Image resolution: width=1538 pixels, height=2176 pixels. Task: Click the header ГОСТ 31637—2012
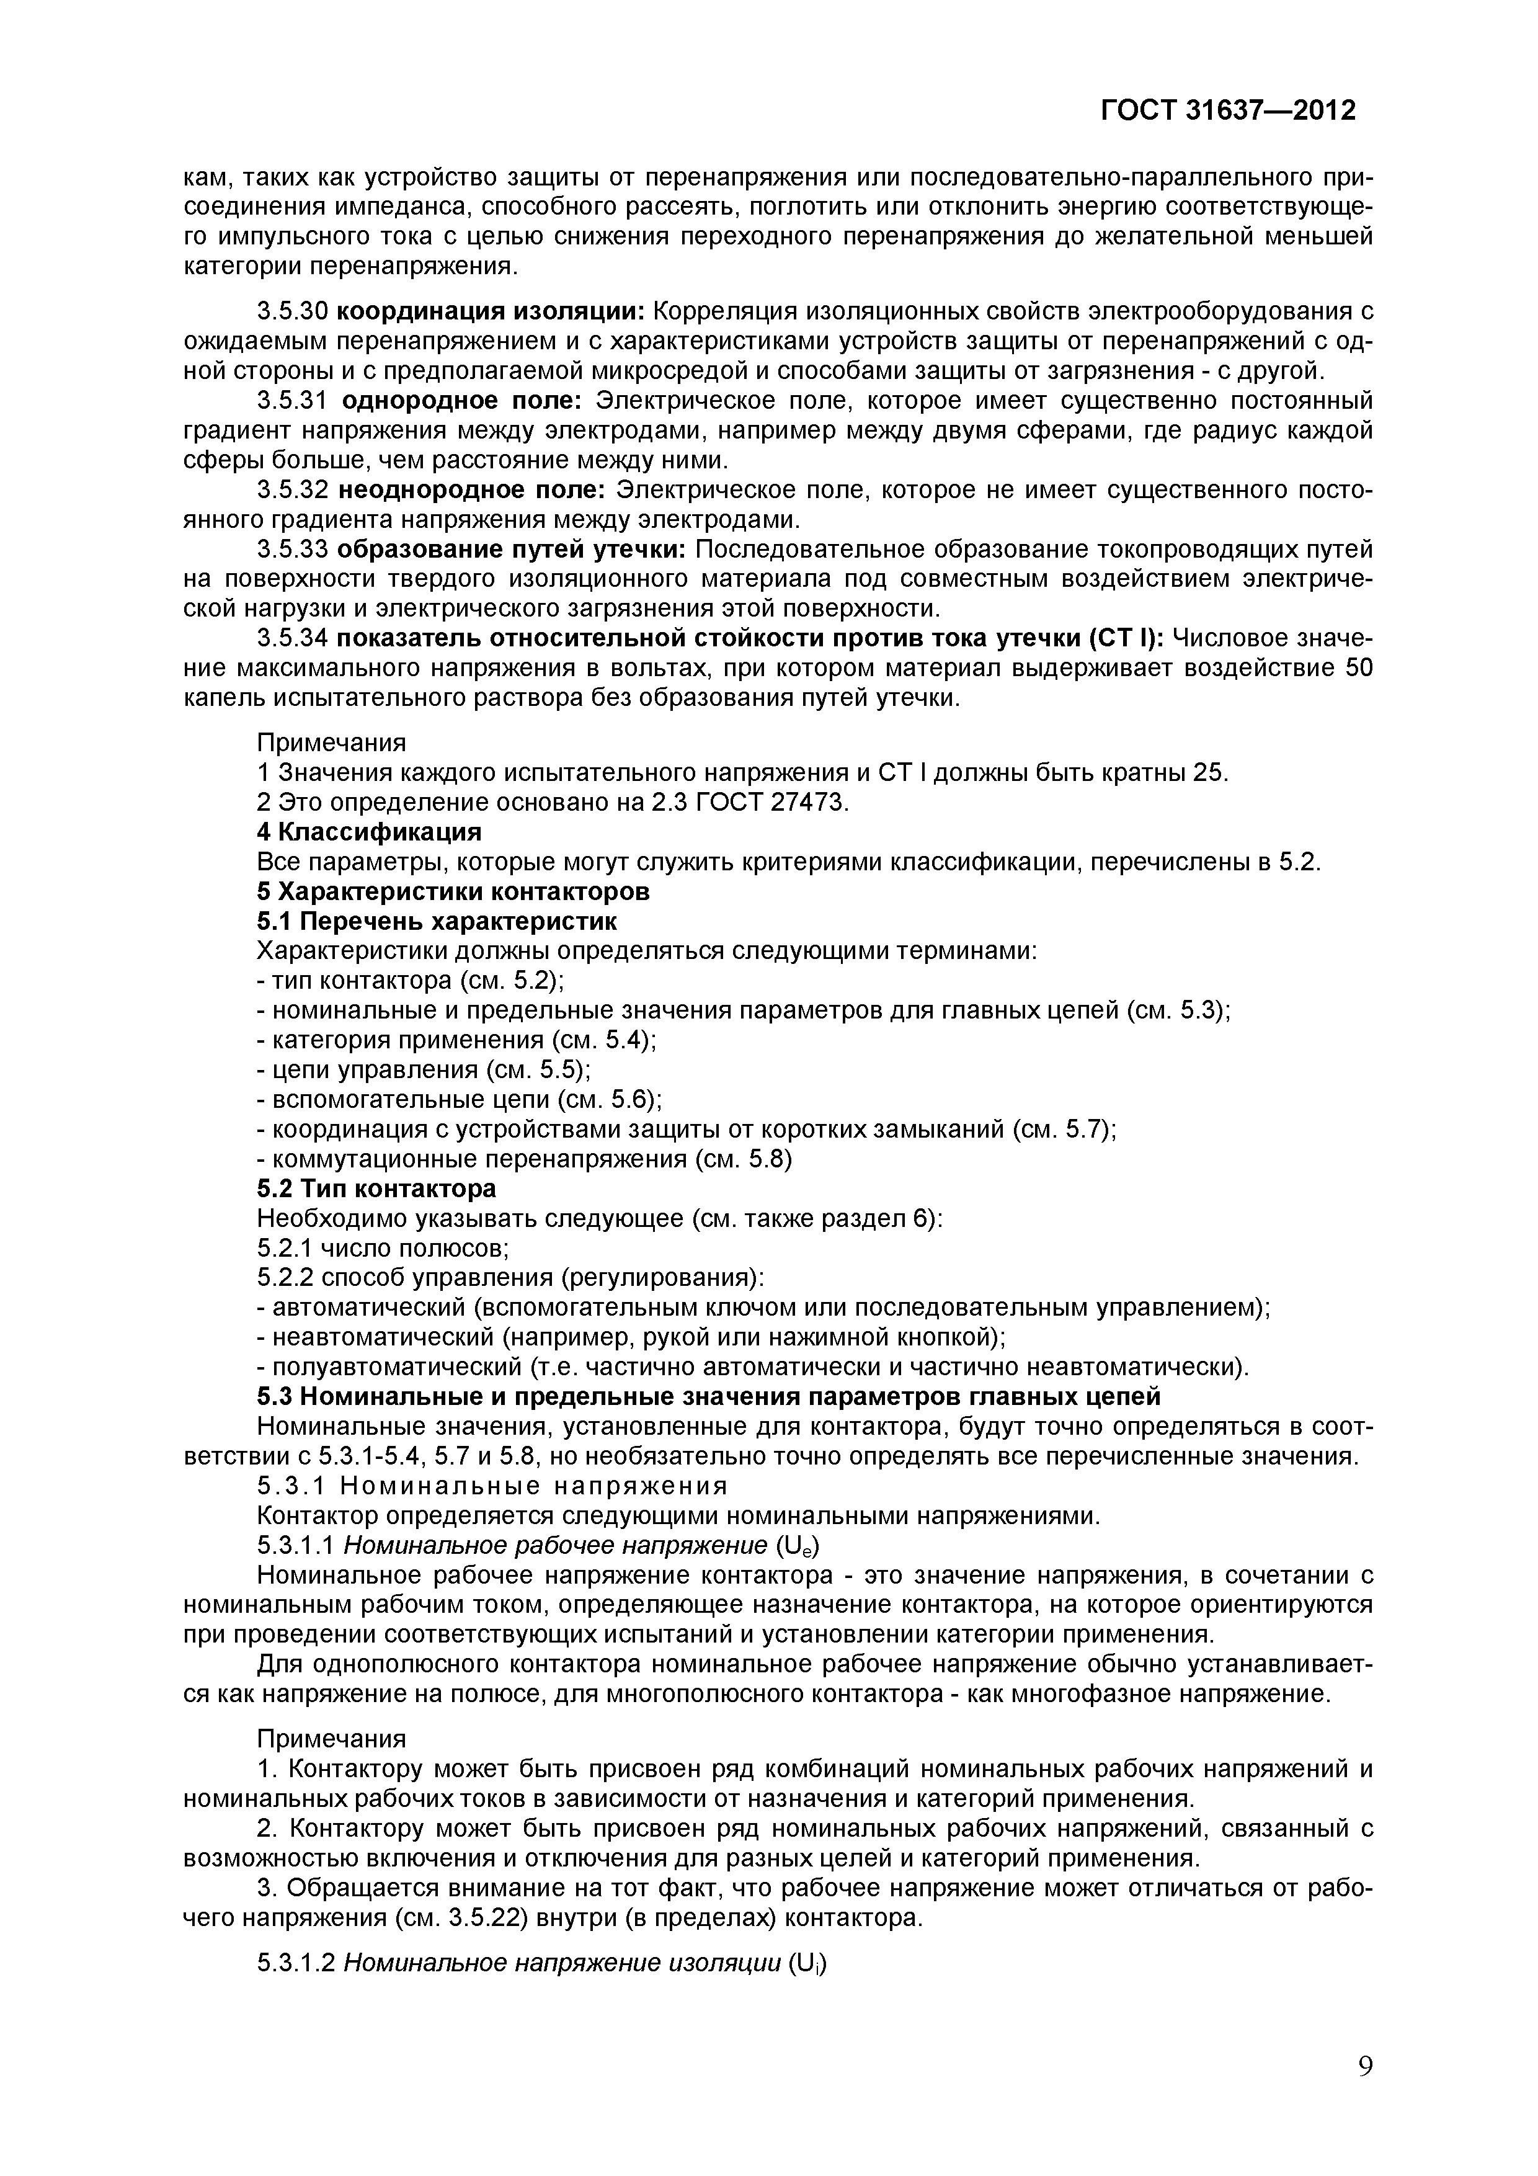(1227, 111)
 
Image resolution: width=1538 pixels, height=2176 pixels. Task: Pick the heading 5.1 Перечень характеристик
(437, 921)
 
